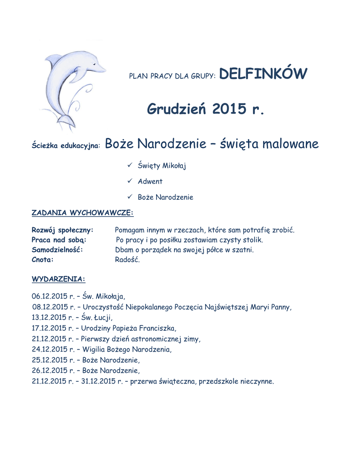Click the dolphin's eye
tap(94, 64)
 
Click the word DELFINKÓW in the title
tap(263, 73)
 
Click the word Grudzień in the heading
tap(177, 109)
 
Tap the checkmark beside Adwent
tap(130, 181)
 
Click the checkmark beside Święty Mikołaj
tap(130, 166)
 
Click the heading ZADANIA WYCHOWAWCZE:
tap(82, 212)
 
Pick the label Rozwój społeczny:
tap(62, 230)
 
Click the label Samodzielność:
tap(57, 250)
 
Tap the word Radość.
tap(127, 260)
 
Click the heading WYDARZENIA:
tap(58, 278)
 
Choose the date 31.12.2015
tap(98, 381)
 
